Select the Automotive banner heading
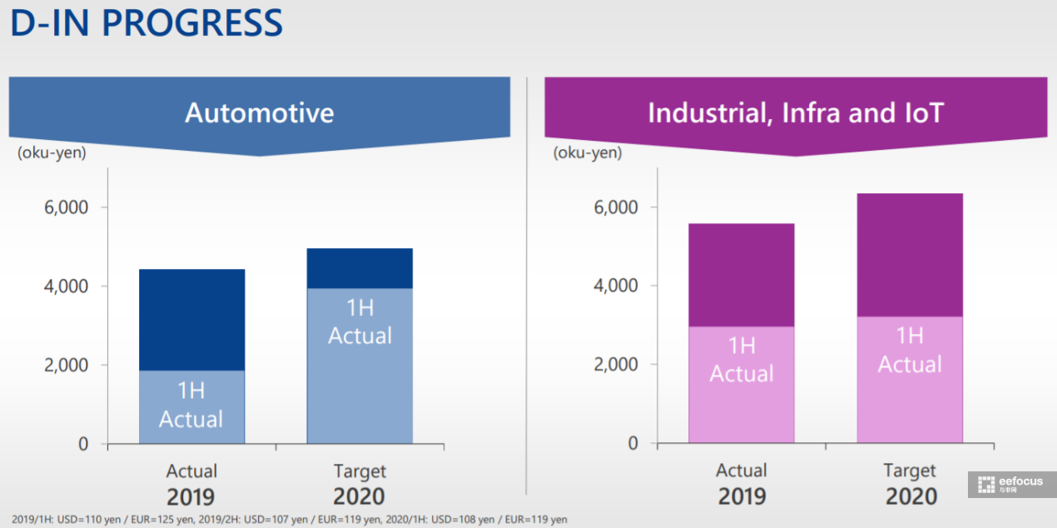[259, 113]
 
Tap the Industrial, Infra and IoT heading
[796, 113]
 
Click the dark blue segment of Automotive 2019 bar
[191, 320]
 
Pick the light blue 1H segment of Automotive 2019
[191, 406]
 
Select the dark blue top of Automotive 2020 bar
[360, 268]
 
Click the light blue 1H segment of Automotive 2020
[360, 366]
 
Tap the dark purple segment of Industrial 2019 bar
[742, 275]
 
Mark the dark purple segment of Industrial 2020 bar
[910, 255]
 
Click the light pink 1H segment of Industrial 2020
[910, 380]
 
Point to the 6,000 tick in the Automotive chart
[66, 207]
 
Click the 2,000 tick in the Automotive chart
[66, 365]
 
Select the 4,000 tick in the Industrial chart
[616, 286]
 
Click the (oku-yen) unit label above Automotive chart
[52, 152]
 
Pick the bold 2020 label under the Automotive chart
[359, 497]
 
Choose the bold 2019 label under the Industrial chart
[742, 497]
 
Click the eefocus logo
[1011, 485]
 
